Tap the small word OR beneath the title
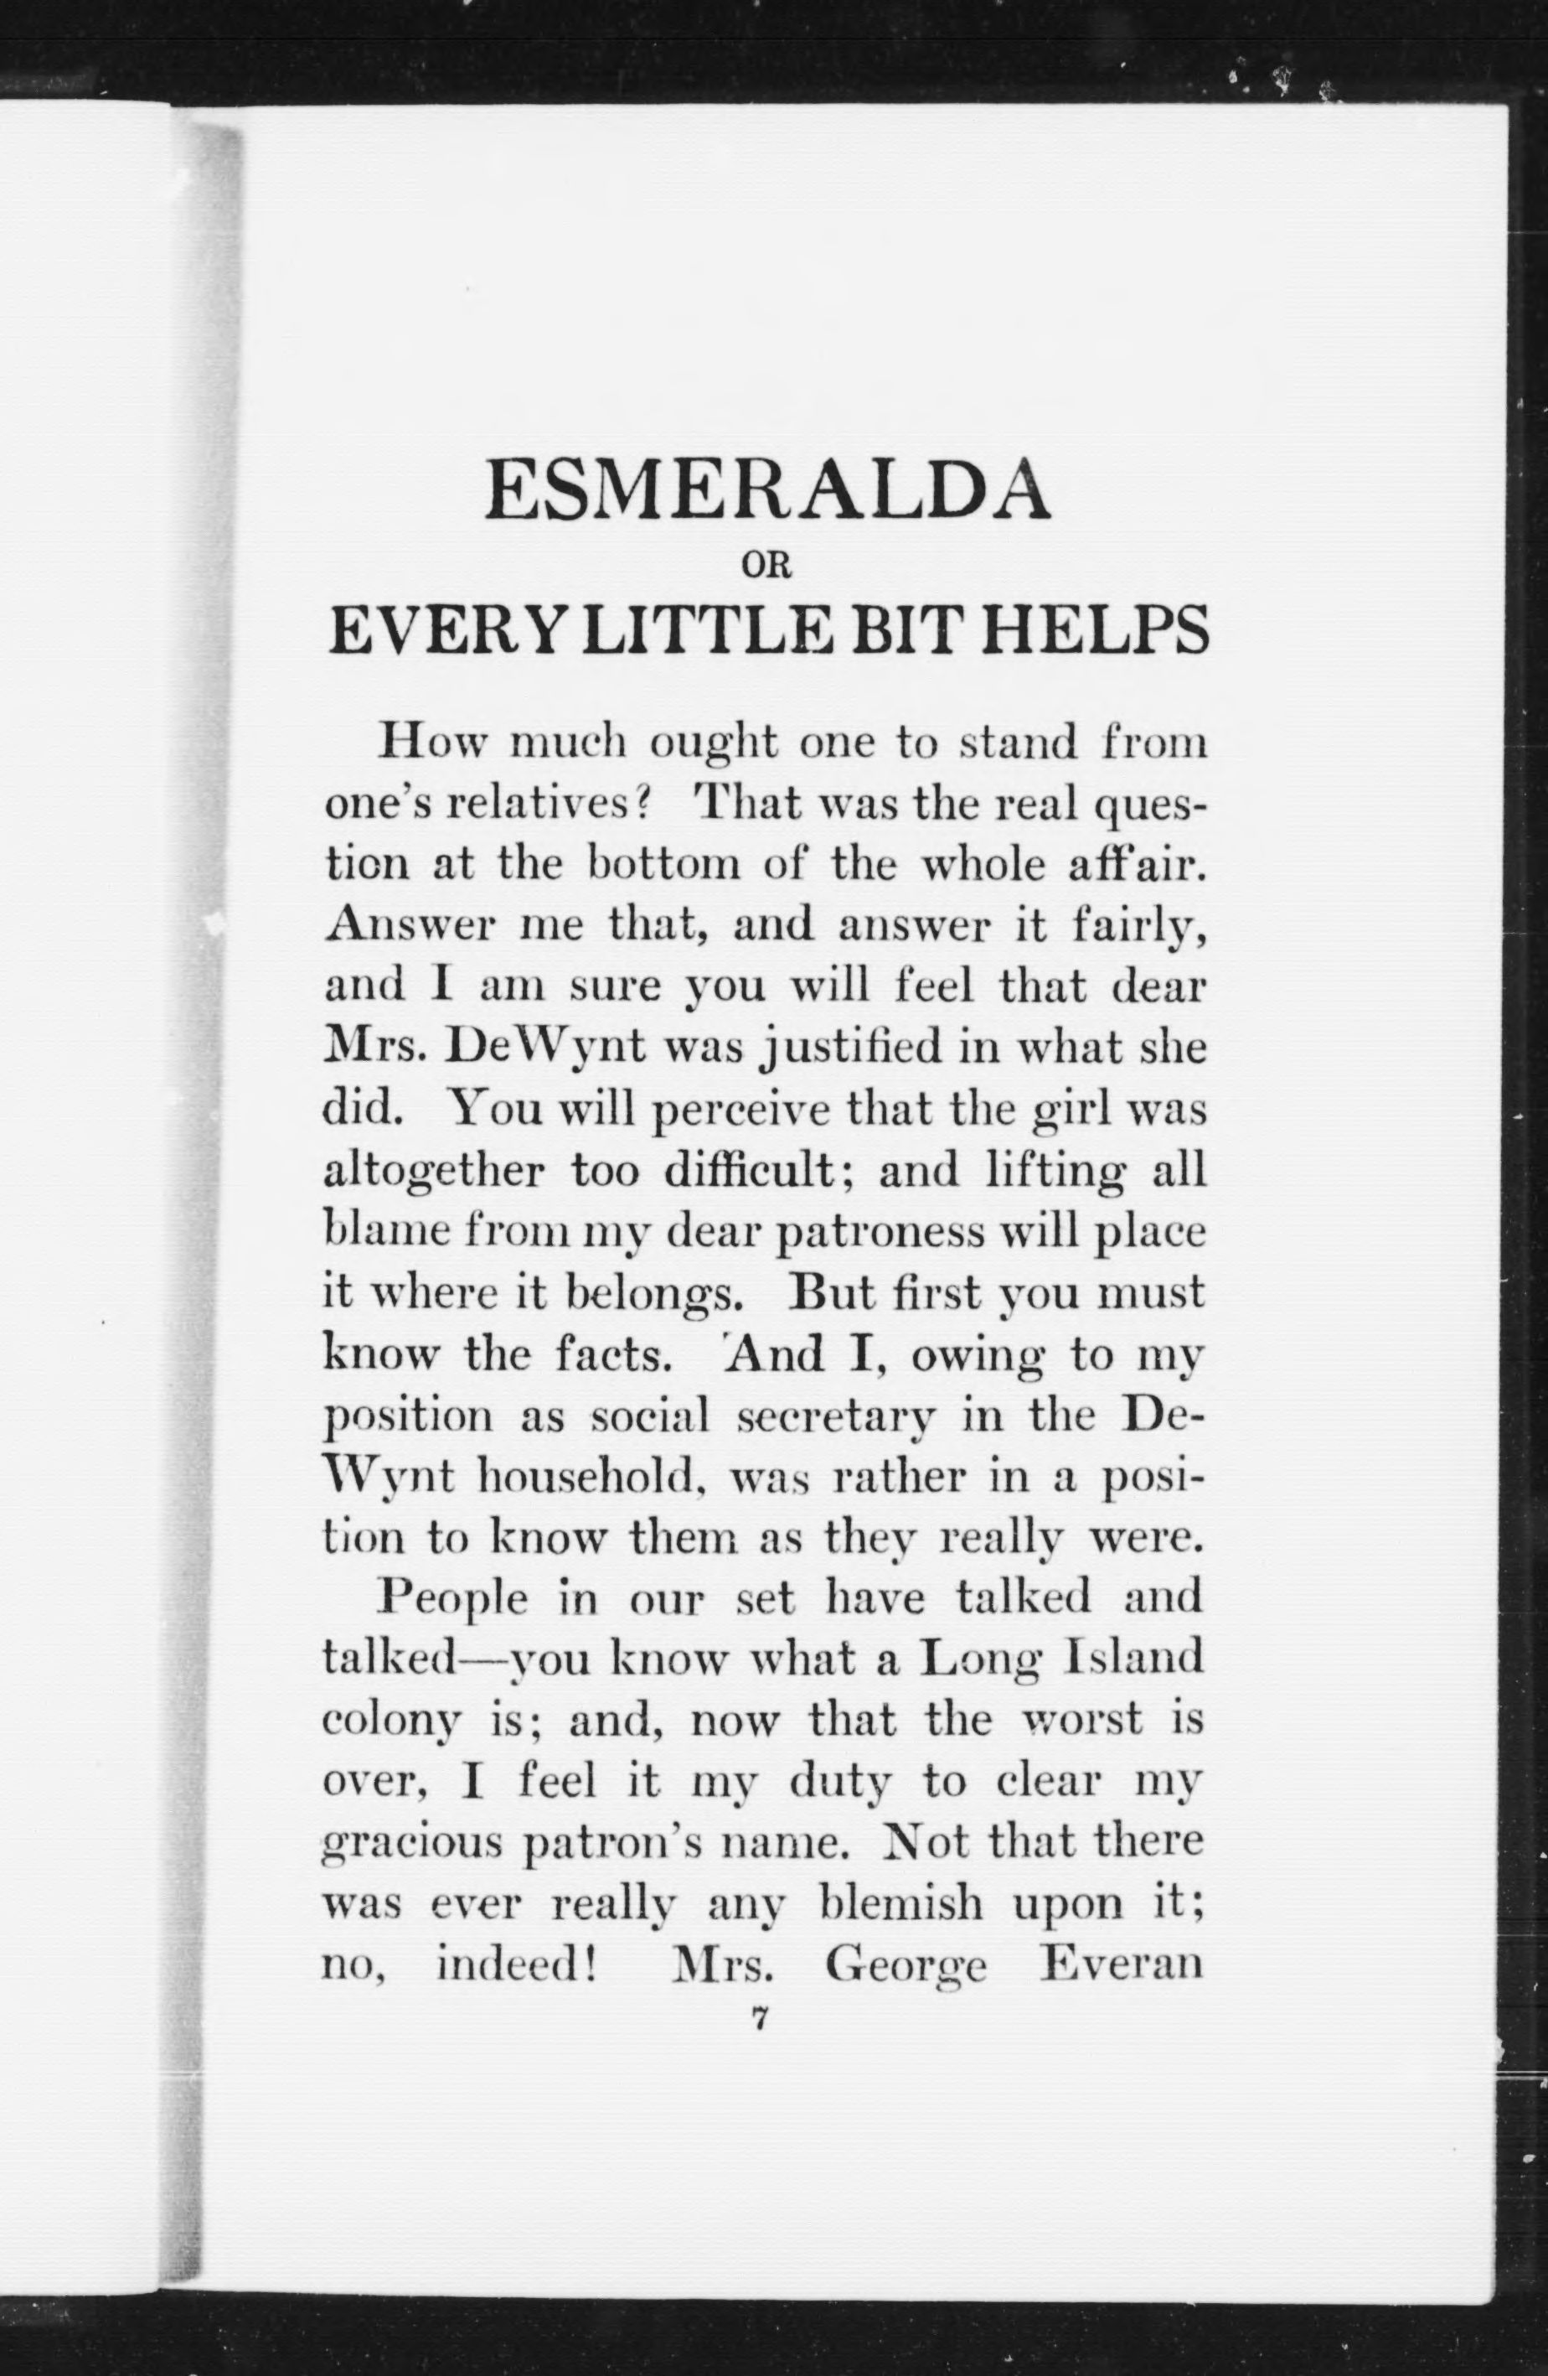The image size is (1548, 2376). click(766, 566)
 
